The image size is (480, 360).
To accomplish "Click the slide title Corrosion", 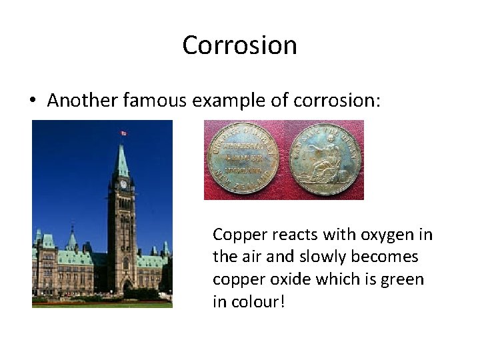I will pos(239,45).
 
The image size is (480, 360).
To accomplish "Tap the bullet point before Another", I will pos(33,101).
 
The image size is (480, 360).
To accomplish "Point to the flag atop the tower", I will pos(123,133).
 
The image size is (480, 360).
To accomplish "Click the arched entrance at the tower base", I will pos(127,287).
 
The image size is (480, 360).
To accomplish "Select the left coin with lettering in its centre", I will pos(243,159).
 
